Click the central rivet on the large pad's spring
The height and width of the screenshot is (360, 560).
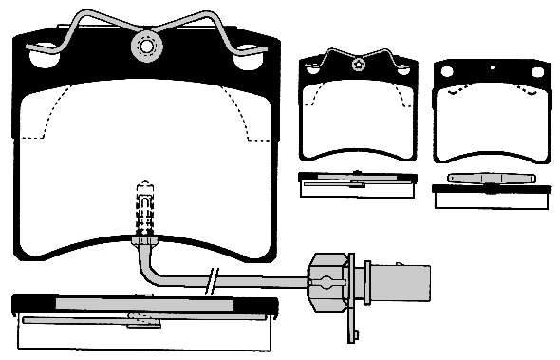[146, 44]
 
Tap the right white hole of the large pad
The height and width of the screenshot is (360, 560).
[249, 58]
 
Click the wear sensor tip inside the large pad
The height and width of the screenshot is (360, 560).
[144, 203]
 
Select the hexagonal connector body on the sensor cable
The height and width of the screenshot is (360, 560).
[327, 280]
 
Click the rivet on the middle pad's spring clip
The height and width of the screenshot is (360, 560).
[358, 65]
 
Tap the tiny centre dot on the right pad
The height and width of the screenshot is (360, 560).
[493, 68]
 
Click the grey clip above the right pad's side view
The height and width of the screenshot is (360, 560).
[492, 180]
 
